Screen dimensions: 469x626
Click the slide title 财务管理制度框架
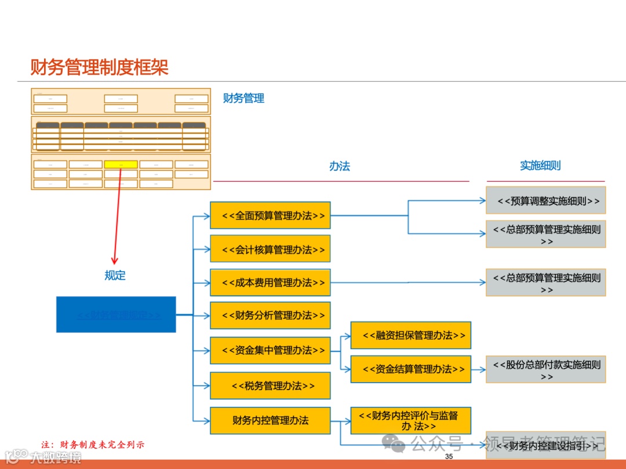click(99, 68)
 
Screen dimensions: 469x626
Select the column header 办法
click(340, 166)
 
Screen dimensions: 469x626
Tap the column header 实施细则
click(540, 166)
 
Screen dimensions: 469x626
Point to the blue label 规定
click(115, 276)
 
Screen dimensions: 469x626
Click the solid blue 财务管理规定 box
click(116, 314)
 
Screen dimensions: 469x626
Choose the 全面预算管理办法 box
click(270, 216)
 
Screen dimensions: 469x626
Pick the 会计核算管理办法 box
click(270, 250)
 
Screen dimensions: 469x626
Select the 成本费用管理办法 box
click(270, 283)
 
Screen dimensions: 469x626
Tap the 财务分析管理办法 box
click(270, 316)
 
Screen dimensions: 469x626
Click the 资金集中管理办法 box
click(270, 350)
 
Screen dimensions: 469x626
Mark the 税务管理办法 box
click(270, 386)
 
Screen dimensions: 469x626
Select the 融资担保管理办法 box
click(410, 335)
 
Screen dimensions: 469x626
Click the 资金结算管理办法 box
click(410, 369)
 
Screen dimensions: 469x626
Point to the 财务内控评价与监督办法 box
click(410, 420)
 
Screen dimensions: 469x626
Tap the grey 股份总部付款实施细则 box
click(545, 369)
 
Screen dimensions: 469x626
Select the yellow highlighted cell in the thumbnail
click(121, 164)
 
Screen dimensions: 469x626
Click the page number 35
click(449, 457)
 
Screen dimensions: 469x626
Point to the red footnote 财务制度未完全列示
click(93, 445)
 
